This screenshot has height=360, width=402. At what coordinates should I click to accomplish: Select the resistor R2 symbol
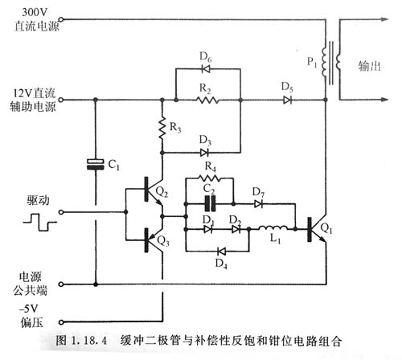[x=207, y=100]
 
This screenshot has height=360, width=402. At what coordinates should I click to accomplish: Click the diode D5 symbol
[x=287, y=100]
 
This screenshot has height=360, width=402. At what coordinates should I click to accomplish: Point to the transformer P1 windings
[x=329, y=57]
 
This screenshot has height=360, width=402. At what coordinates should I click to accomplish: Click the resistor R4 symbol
[x=210, y=178]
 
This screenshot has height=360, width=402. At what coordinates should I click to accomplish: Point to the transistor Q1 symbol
[x=316, y=228]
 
